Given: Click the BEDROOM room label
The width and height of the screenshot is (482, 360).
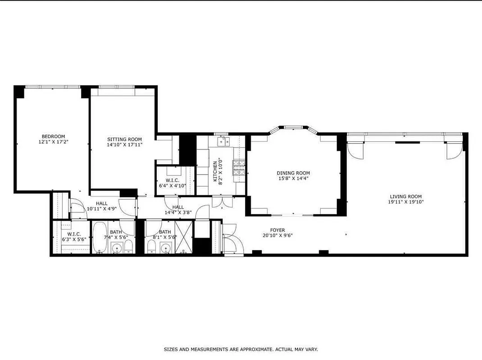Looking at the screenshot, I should click(53, 136).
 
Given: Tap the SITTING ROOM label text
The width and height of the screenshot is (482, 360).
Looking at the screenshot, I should click(124, 139).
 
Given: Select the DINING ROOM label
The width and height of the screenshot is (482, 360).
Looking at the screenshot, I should click(293, 173).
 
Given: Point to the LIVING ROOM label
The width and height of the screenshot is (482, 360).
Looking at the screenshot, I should click(405, 196).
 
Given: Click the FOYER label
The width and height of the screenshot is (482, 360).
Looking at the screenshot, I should click(277, 230).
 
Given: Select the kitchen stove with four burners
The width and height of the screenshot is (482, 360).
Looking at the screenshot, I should click(238, 167).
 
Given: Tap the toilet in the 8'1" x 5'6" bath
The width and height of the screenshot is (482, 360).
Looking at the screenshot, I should click(152, 247).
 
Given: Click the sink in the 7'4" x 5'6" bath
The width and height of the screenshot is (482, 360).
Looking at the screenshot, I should click(118, 248).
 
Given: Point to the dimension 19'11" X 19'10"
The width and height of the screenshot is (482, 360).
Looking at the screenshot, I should click(405, 202).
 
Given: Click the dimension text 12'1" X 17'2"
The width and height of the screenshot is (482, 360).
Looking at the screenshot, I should click(53, 142).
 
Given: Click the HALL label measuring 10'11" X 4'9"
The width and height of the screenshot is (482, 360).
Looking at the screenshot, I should click(101, 203).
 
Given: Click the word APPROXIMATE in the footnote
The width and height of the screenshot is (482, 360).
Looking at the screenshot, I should click(252, 349).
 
